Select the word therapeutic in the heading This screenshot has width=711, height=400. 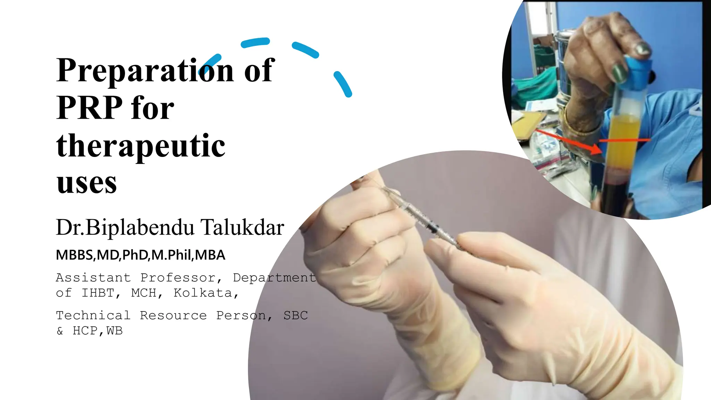point(141,146)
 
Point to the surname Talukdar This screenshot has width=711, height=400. point(242,228)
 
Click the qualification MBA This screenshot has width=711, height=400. point(210,255)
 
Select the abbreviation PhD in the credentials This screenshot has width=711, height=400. point(135,255)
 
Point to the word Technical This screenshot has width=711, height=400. point(93,315)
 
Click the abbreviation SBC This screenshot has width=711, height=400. point(295,315)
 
